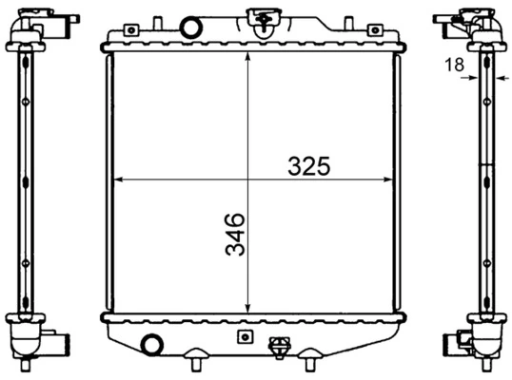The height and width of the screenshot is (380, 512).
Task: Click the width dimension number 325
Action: click(x=309, y=165)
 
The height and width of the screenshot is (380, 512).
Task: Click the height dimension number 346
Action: click(x=235, y=235)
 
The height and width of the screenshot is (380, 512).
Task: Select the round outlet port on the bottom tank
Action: click(x=150, y=345)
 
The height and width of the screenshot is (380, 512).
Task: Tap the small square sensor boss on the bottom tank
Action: click(x=245, y=337)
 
